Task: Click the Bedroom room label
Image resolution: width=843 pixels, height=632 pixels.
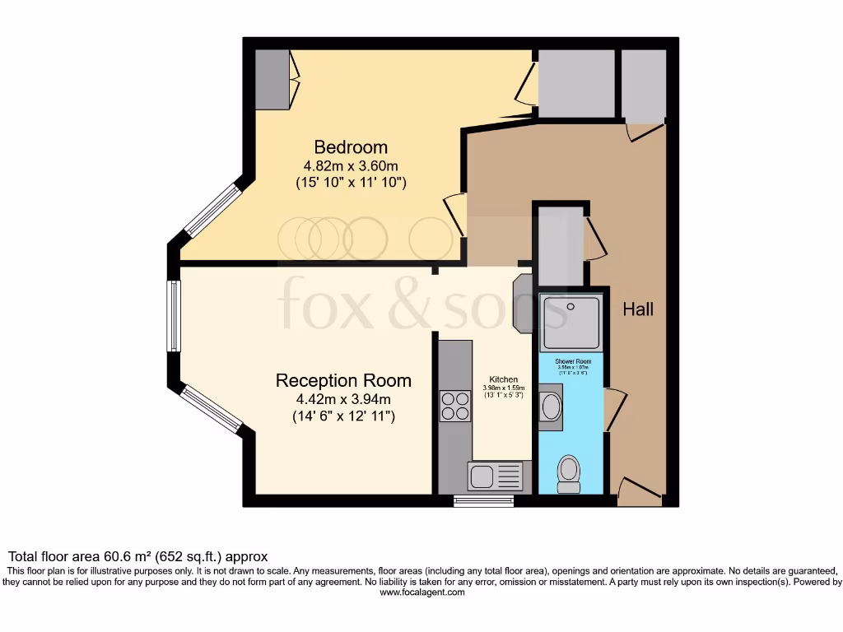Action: click(x=351, y=147)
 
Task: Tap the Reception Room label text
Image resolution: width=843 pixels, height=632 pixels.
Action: click(x=343, y=380)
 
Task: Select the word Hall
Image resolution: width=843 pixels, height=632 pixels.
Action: click(x=638, y=309)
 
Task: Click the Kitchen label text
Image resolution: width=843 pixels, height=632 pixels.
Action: click(x=504, y=379)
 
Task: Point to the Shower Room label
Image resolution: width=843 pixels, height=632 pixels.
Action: click(x=573, y=362)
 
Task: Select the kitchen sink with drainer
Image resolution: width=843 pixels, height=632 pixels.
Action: click(x=495, y=476)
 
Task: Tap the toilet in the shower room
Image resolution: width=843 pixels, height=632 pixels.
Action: click(x=568, y=474)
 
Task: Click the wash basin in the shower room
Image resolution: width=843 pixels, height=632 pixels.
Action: click(x=551, y=407)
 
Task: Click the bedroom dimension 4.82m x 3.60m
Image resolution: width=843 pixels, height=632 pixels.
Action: click(x=351, y=166)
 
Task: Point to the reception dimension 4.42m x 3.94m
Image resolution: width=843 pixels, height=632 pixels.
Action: click(x=343, y=399)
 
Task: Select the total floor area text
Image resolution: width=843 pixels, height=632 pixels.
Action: click(x=137, y=556)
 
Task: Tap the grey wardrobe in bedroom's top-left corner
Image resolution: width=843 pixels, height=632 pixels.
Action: click(x=272, y=79)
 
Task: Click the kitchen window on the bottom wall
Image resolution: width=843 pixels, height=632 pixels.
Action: click(x=478, y=500)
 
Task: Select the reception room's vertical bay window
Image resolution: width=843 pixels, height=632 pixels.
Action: click(x=174, y=316)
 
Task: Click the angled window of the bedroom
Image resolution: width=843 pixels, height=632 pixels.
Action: click(x=212, y=211)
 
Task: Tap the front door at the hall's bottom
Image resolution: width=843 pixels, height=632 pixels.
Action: click(x=639, y=492)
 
